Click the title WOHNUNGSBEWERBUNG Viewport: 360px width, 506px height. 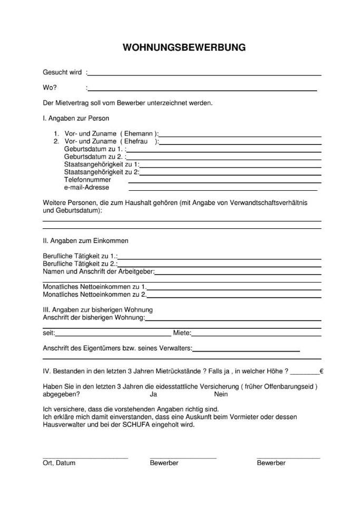[184, 47]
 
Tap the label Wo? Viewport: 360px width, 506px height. [50, 88]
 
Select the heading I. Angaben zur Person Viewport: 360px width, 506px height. [76, 119]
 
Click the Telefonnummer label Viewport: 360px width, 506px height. [87, 180]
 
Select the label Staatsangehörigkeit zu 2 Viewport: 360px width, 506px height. [101, 172]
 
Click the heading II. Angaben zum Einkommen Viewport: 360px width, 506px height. [85, 240]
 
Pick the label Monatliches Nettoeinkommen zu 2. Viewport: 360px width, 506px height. [94, 294]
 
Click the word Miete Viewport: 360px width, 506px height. [182, 333]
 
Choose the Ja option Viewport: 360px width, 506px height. [154, 394]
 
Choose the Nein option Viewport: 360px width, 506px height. [221, 394]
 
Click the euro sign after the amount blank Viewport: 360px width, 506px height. [321, 371]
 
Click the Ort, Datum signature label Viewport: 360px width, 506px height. [59, 463]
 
